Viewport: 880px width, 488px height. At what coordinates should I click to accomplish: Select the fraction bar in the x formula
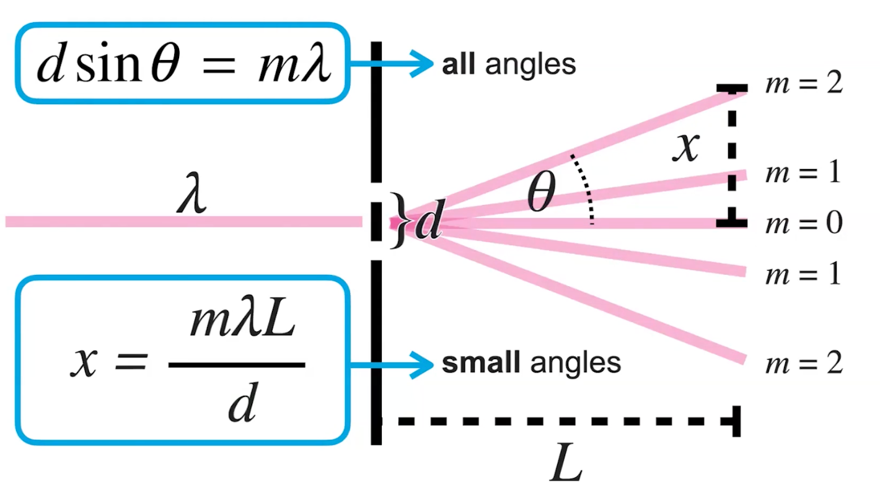236,365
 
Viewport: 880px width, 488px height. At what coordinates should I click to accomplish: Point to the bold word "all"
458,64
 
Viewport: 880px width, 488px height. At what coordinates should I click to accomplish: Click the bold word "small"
480,363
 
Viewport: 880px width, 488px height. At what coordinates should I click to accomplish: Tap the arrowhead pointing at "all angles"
424,63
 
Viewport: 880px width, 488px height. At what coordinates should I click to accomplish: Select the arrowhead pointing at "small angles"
424,364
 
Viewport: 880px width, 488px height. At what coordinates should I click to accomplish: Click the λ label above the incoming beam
191,198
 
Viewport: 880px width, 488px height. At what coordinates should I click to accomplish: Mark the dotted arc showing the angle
587,189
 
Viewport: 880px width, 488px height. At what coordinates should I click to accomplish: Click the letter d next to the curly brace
428,223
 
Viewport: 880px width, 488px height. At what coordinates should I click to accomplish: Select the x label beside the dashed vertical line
686,147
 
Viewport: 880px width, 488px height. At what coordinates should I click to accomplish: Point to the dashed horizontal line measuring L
558,421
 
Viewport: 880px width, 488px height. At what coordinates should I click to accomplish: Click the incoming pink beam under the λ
186,221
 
